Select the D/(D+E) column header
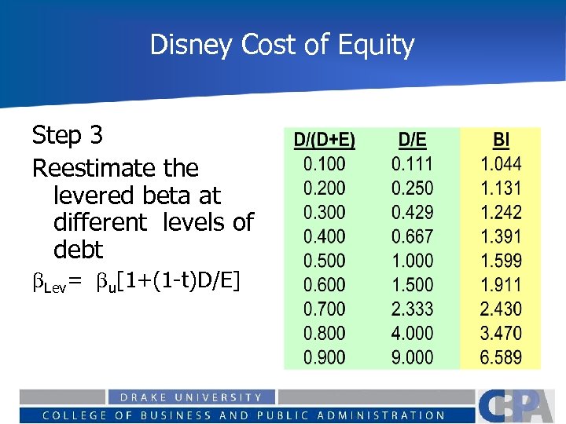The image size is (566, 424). click(x=324, y=141)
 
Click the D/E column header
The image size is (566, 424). click(x=413, y=141)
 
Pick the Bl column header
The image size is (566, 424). click(x=501, y=141)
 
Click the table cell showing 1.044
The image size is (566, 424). click(x=501, y=164)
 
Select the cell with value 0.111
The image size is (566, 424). click(x=413, y=164)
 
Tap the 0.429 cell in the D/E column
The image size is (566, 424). click(x=413, y=213)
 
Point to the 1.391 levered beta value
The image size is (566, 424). click(x=501, y=237)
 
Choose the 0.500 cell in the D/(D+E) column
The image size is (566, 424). click(x=324, y=261)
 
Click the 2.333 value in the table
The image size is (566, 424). click(x=413, y=309)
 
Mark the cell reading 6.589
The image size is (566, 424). click(x=501, y=357)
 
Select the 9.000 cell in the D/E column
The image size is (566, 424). click(x=413, y=357)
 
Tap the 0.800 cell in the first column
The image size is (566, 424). click(x=324, y=333)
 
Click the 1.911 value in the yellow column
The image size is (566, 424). click(x=501, y=285)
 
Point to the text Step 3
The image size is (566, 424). click(x=67, y=136)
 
